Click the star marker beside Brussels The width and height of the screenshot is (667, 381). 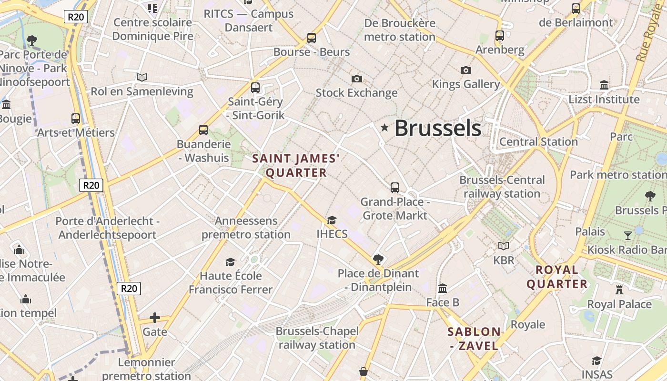tap(384, 128)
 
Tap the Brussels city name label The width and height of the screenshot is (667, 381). tap(438, 128)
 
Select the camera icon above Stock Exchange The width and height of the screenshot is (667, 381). tap(356, 79)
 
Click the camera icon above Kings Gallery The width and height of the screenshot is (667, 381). tap(466, 70)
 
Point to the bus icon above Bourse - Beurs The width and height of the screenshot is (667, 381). tap(312, 38)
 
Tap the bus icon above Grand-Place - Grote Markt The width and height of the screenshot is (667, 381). tap(395, 188)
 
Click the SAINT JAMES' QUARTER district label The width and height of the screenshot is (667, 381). tap(296, 165)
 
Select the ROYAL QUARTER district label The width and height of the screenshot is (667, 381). tap(556, 277)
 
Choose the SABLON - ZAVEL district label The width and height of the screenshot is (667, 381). tap(475, 339)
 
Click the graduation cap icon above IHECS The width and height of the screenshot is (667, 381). tap(332, 220)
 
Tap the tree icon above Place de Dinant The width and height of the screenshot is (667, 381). tap(378, 260)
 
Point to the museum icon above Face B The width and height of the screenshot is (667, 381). tap(443, 288)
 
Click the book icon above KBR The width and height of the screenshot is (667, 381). tap(504, 246)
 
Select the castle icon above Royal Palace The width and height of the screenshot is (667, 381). tap(619, 290)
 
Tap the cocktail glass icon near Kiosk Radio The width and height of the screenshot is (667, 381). tap(628, 235)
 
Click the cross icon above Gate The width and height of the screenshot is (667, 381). tap(155, 318)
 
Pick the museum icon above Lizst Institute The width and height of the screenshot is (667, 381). tap(604, 85)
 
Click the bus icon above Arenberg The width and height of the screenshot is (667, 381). tap(500, 35)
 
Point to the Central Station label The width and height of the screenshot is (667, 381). tap(538, 142)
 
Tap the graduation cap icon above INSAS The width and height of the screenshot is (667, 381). tap(596, 361)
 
